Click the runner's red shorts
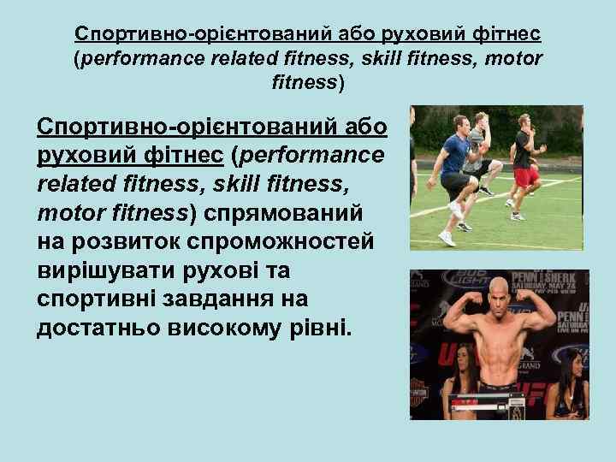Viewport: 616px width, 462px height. point(527,176)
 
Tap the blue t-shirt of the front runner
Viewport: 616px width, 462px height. point(454,154)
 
